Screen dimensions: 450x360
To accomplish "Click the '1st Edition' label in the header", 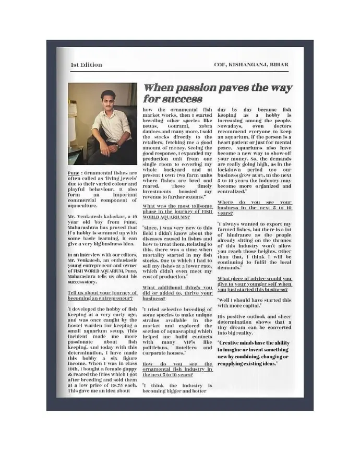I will [86, 65].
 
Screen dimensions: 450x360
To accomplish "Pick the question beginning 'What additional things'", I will [177, 291].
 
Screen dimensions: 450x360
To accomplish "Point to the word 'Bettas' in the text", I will [151, 127].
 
